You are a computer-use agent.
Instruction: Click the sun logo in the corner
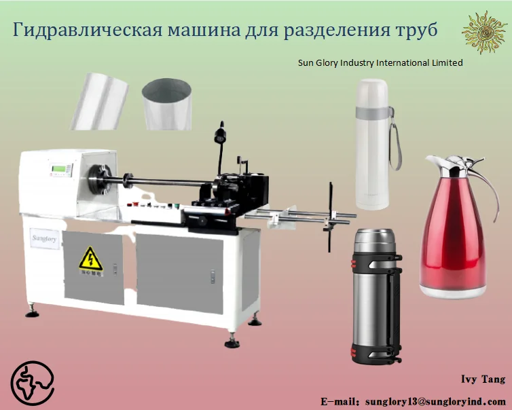click(485, 32)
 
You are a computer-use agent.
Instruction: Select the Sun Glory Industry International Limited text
click(380, 62)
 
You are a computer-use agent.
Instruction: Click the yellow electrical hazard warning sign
click(88, 259)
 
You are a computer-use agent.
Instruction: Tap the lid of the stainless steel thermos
click(373, 238)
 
